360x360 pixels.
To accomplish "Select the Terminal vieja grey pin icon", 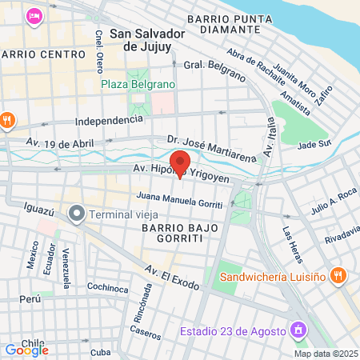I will pyautogui.click(x=77, y=214).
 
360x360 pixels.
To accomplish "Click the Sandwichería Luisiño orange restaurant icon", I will pyautogui.click(x=338, y=274).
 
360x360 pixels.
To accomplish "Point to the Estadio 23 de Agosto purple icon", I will pyautogui.click(x=299, y=330).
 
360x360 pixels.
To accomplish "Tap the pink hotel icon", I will pyautogui.click(x=34, y=16).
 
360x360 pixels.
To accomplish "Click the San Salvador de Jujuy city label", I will pyautogui.click(x=147, y=41).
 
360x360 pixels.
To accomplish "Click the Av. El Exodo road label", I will pyautogui.click(x=172, y=278).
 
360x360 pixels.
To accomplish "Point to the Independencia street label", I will pyautogui.click(x=109, y=121).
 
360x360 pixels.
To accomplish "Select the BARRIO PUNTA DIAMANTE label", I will pyautogui.click(x=236, y=23).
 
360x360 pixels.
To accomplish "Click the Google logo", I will pyautogui.click(x=26, y=350).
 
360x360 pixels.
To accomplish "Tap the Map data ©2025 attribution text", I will pyautogui.click(x=325, y=354).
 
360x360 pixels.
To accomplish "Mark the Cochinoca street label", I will pyautogui.click(x=107, y=287).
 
